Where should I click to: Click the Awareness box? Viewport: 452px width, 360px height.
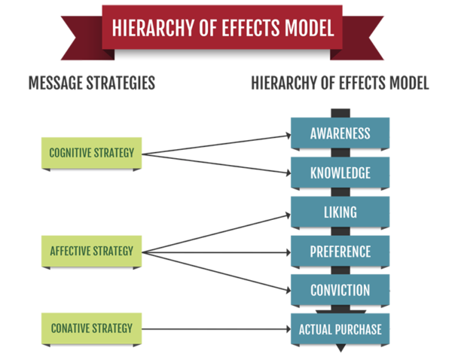tap(340, 134)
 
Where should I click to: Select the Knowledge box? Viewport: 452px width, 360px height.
tap(340, 173)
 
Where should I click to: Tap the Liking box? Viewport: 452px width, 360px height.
tap(340, 212)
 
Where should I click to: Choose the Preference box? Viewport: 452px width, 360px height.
tap(340, 252)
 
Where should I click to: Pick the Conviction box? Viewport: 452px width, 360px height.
tap(340, 290)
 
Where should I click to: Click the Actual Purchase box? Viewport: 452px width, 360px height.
tap(340, 329)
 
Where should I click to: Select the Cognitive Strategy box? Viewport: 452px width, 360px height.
tap(91, 154)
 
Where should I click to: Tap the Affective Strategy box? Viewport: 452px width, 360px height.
tap(91, 251)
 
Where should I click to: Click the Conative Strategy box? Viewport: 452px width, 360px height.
tap(91, 328)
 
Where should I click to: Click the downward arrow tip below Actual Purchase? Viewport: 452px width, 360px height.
tap(340, 350)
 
